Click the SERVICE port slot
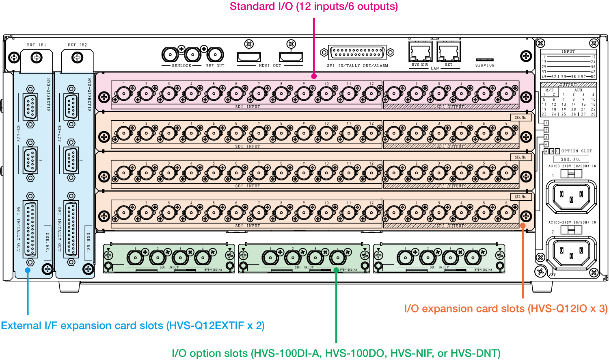click(x=485, y=60)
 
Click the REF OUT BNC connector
click(x=215, y=54)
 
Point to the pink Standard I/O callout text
click(x=314, y=7)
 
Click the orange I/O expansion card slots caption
click(x=505, y=309)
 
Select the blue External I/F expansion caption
click(x=133, y=325)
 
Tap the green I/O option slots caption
click(x=336, y=353)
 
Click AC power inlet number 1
click(x=571, y=195)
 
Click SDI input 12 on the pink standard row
click(x=371, y=94)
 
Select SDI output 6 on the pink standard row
click(x=506, y=94)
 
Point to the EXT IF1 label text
click(x=37, y=45)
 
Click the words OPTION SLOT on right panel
click(x=577, y=151)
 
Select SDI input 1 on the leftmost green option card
click(x=134, y=257)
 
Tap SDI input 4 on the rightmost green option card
click(x=473, y=257)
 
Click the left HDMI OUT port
click(x=249, y=57)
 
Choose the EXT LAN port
click(x=448, y=52)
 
